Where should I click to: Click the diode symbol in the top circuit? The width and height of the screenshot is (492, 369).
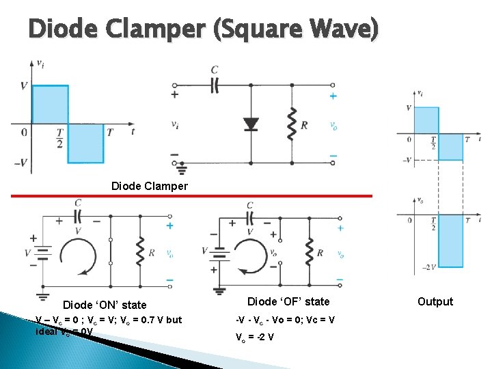(x=251, y=124)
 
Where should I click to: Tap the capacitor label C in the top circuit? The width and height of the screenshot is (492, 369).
(x=215, y=70)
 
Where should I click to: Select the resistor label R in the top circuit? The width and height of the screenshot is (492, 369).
(x=304, y=126)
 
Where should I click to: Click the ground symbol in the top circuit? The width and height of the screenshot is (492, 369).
(x=182, y=167)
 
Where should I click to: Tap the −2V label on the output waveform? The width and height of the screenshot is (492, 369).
(x=428, y=267)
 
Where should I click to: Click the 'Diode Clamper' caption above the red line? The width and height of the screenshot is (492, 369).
(x=149, y=186)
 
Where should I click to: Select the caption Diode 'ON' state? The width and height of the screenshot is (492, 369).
(x=105, y=305)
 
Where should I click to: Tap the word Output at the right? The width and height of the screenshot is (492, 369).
(x=435, y=301)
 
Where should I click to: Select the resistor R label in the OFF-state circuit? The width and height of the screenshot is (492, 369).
(x=320, y=254)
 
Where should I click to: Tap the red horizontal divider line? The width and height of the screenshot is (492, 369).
(x=191, y=196)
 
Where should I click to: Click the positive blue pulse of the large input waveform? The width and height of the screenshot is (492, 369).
(x=50, y=107)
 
